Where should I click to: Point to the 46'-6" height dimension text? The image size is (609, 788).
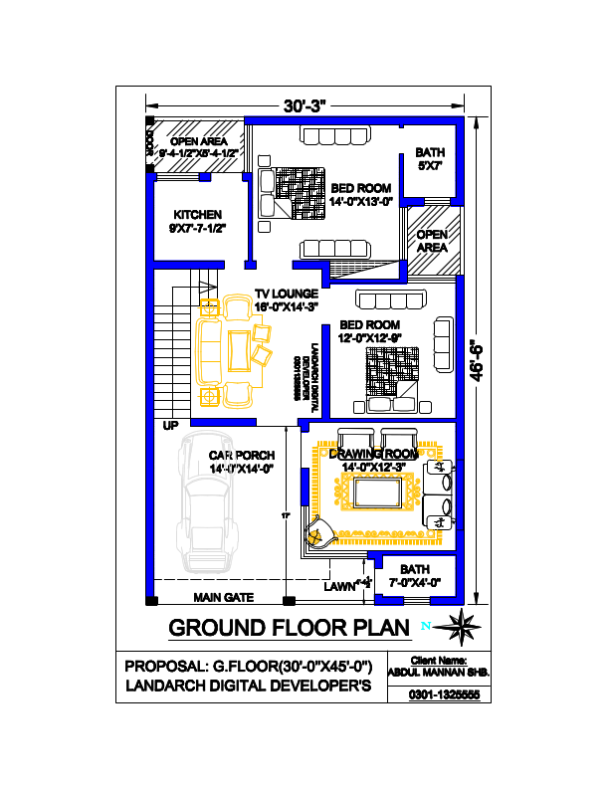[479, 358]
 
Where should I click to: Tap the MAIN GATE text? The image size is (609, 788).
[224, 598]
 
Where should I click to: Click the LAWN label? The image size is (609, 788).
[339, 588]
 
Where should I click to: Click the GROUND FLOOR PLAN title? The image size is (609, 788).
[289, 628]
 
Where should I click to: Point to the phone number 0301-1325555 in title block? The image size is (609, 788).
[444, 693]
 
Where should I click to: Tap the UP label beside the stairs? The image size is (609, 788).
[171, 426]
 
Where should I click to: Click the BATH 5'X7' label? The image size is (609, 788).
[430, 159]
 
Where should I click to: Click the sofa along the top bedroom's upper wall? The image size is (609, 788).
[332, 136]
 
